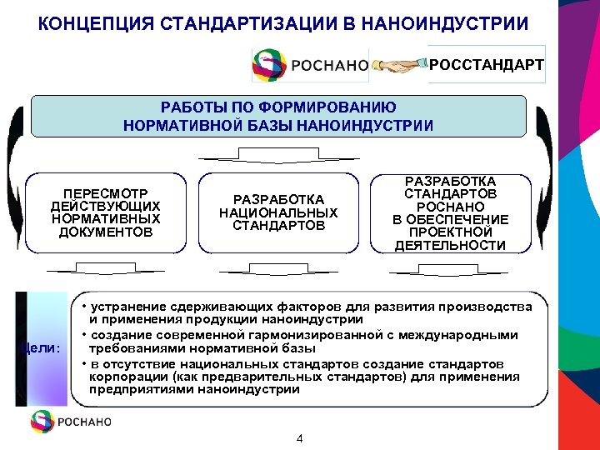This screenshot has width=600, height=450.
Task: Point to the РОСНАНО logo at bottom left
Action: (71, 421)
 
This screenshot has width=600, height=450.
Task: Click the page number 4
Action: (300, 439)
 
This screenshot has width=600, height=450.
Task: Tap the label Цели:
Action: (41, 347)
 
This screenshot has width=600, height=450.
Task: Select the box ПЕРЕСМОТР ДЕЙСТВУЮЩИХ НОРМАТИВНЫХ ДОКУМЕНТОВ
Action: (106, 212)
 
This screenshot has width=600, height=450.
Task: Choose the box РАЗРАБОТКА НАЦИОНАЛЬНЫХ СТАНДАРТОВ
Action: (278, 212)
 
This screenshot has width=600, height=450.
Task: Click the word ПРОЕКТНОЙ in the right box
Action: (449, 232)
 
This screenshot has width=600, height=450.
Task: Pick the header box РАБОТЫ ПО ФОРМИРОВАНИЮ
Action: (278, 117)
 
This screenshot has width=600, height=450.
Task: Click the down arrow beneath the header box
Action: (278, 156)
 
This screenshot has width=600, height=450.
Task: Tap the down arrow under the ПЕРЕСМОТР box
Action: (106, 268)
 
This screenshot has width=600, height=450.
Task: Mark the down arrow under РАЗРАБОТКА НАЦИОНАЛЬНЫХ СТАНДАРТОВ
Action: (278, 268)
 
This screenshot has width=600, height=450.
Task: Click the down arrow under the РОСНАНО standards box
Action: (451, 268)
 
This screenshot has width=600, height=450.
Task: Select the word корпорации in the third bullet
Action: (123, 377)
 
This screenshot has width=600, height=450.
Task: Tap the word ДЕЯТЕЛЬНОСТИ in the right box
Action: (450, 245)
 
